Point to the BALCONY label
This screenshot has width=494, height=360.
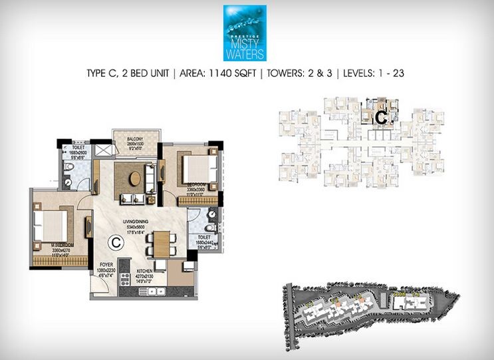pyautogui.click(x=136, y=140)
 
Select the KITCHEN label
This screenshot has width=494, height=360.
pyautogui.click(x=145, y=271)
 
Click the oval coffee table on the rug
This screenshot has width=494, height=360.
pyautogui.click(x=135, y=178)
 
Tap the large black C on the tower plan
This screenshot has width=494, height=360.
pyautogui.click(x=380, y=117)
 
